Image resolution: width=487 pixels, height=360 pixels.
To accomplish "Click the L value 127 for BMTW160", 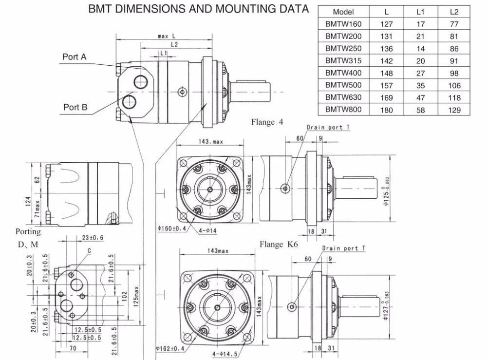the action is pyautogui.click(x=386, y=24).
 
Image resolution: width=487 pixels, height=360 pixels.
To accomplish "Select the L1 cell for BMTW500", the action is pyautogui.click(x=420, y=85).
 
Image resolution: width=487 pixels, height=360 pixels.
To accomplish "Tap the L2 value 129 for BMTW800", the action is pyautogui.click(x=454, y=110).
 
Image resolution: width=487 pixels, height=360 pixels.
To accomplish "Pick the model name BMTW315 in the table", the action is pyautogui.click(x=343, y=60).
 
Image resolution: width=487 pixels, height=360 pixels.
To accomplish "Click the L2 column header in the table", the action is pyautogui.click(x=454, y=12).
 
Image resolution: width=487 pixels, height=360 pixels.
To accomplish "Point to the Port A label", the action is pyautogui.click(x=74, y=57).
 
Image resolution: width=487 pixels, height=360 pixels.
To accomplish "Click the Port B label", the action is pyautogui.click(x=75, y=107).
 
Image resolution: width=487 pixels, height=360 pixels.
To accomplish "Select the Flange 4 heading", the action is pyautogui.click(x=267, y=122).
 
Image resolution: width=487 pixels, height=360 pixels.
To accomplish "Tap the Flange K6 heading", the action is pyautogui.click(x=279, y=245).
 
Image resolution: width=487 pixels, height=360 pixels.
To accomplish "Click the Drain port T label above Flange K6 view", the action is pyautogui.click(x=343, y=248).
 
